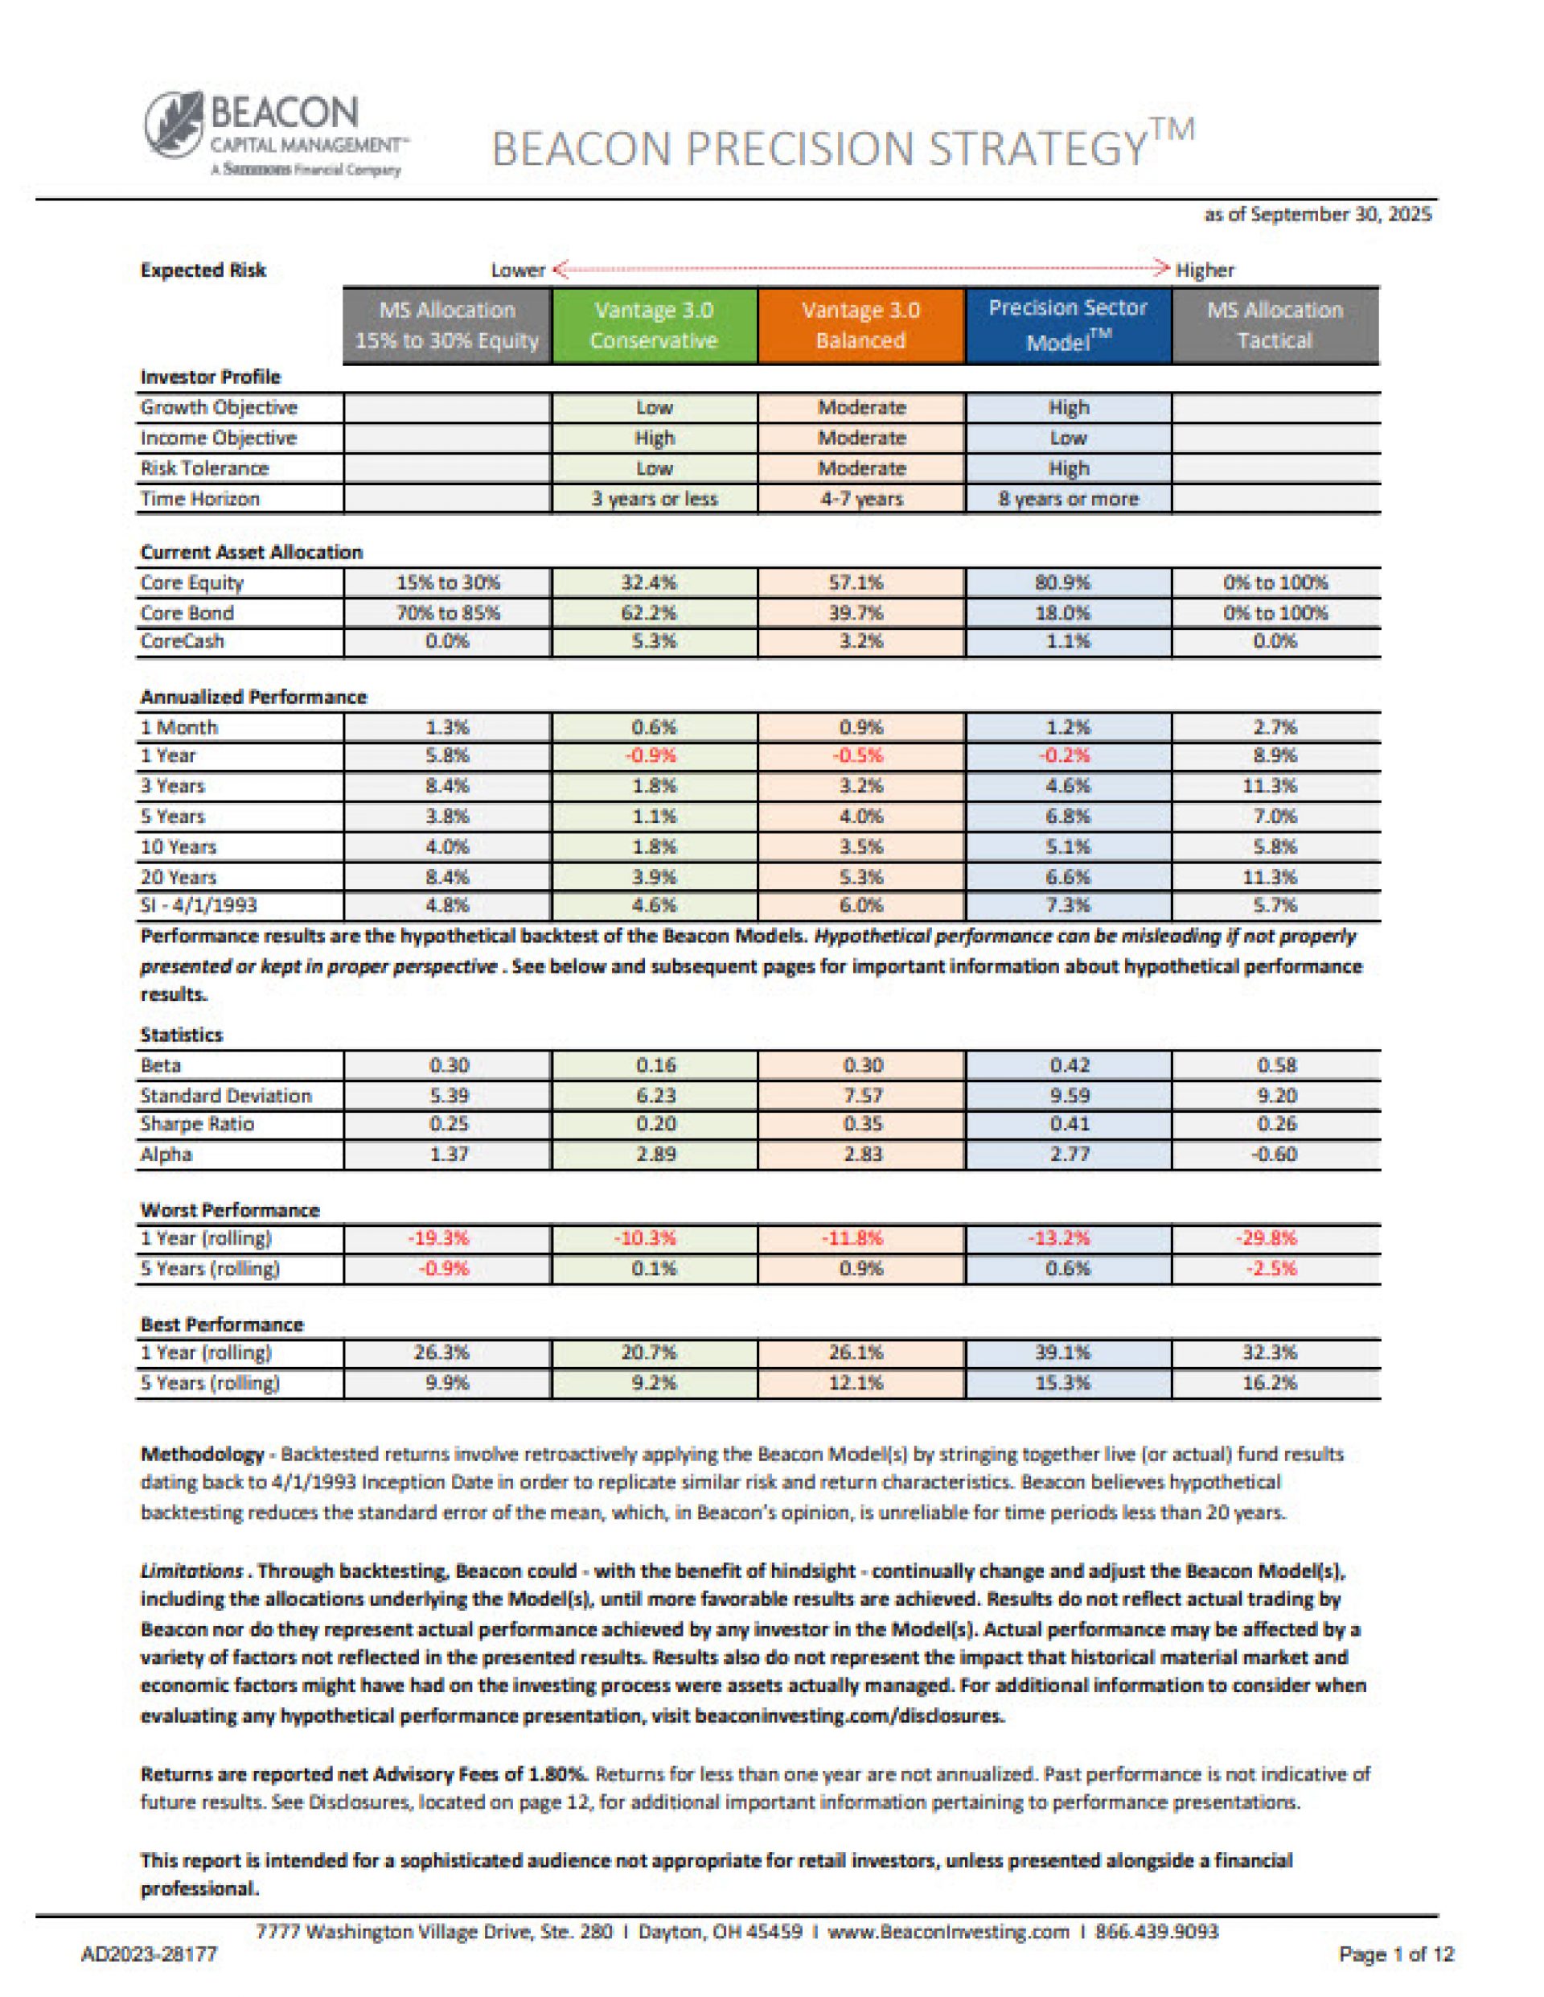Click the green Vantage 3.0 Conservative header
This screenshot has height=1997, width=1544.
pyautogui.click(x=654, y=326)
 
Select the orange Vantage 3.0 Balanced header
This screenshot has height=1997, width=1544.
pyautogui.click(x=860, y=326)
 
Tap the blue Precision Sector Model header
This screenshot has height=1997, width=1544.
pyautogui.click(x=1068, y=326)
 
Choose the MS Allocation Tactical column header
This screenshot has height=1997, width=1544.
pyautogui.click(x=1275, y=326)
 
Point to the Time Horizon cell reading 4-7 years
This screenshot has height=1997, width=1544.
pyautogui.click(x=860, y=499)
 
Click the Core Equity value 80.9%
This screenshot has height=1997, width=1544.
pyautogui.click(x=1068, y=583)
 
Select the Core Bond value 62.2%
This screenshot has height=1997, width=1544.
pyautogui.click(x=654, y=612)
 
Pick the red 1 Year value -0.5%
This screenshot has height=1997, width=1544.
pyautogui.click(x=860, y=756)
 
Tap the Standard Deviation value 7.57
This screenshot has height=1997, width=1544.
pyautogui.click(x=860, y=1095)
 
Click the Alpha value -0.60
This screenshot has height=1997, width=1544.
pyautogui.click(x=1275, y=1154)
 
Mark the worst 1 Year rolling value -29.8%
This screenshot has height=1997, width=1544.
pyautogui.click(x=1275, y=1239)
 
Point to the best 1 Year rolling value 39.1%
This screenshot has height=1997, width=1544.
pyautogui.click(x=1068, y=1353)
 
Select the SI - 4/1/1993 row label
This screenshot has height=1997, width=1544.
pyautogui.click(x=199, y=905)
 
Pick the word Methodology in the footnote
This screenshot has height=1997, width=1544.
pyautogui.click(x=202, y=1454)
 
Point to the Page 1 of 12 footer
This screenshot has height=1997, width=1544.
pyautogui.click(x=1396, y=1955)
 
